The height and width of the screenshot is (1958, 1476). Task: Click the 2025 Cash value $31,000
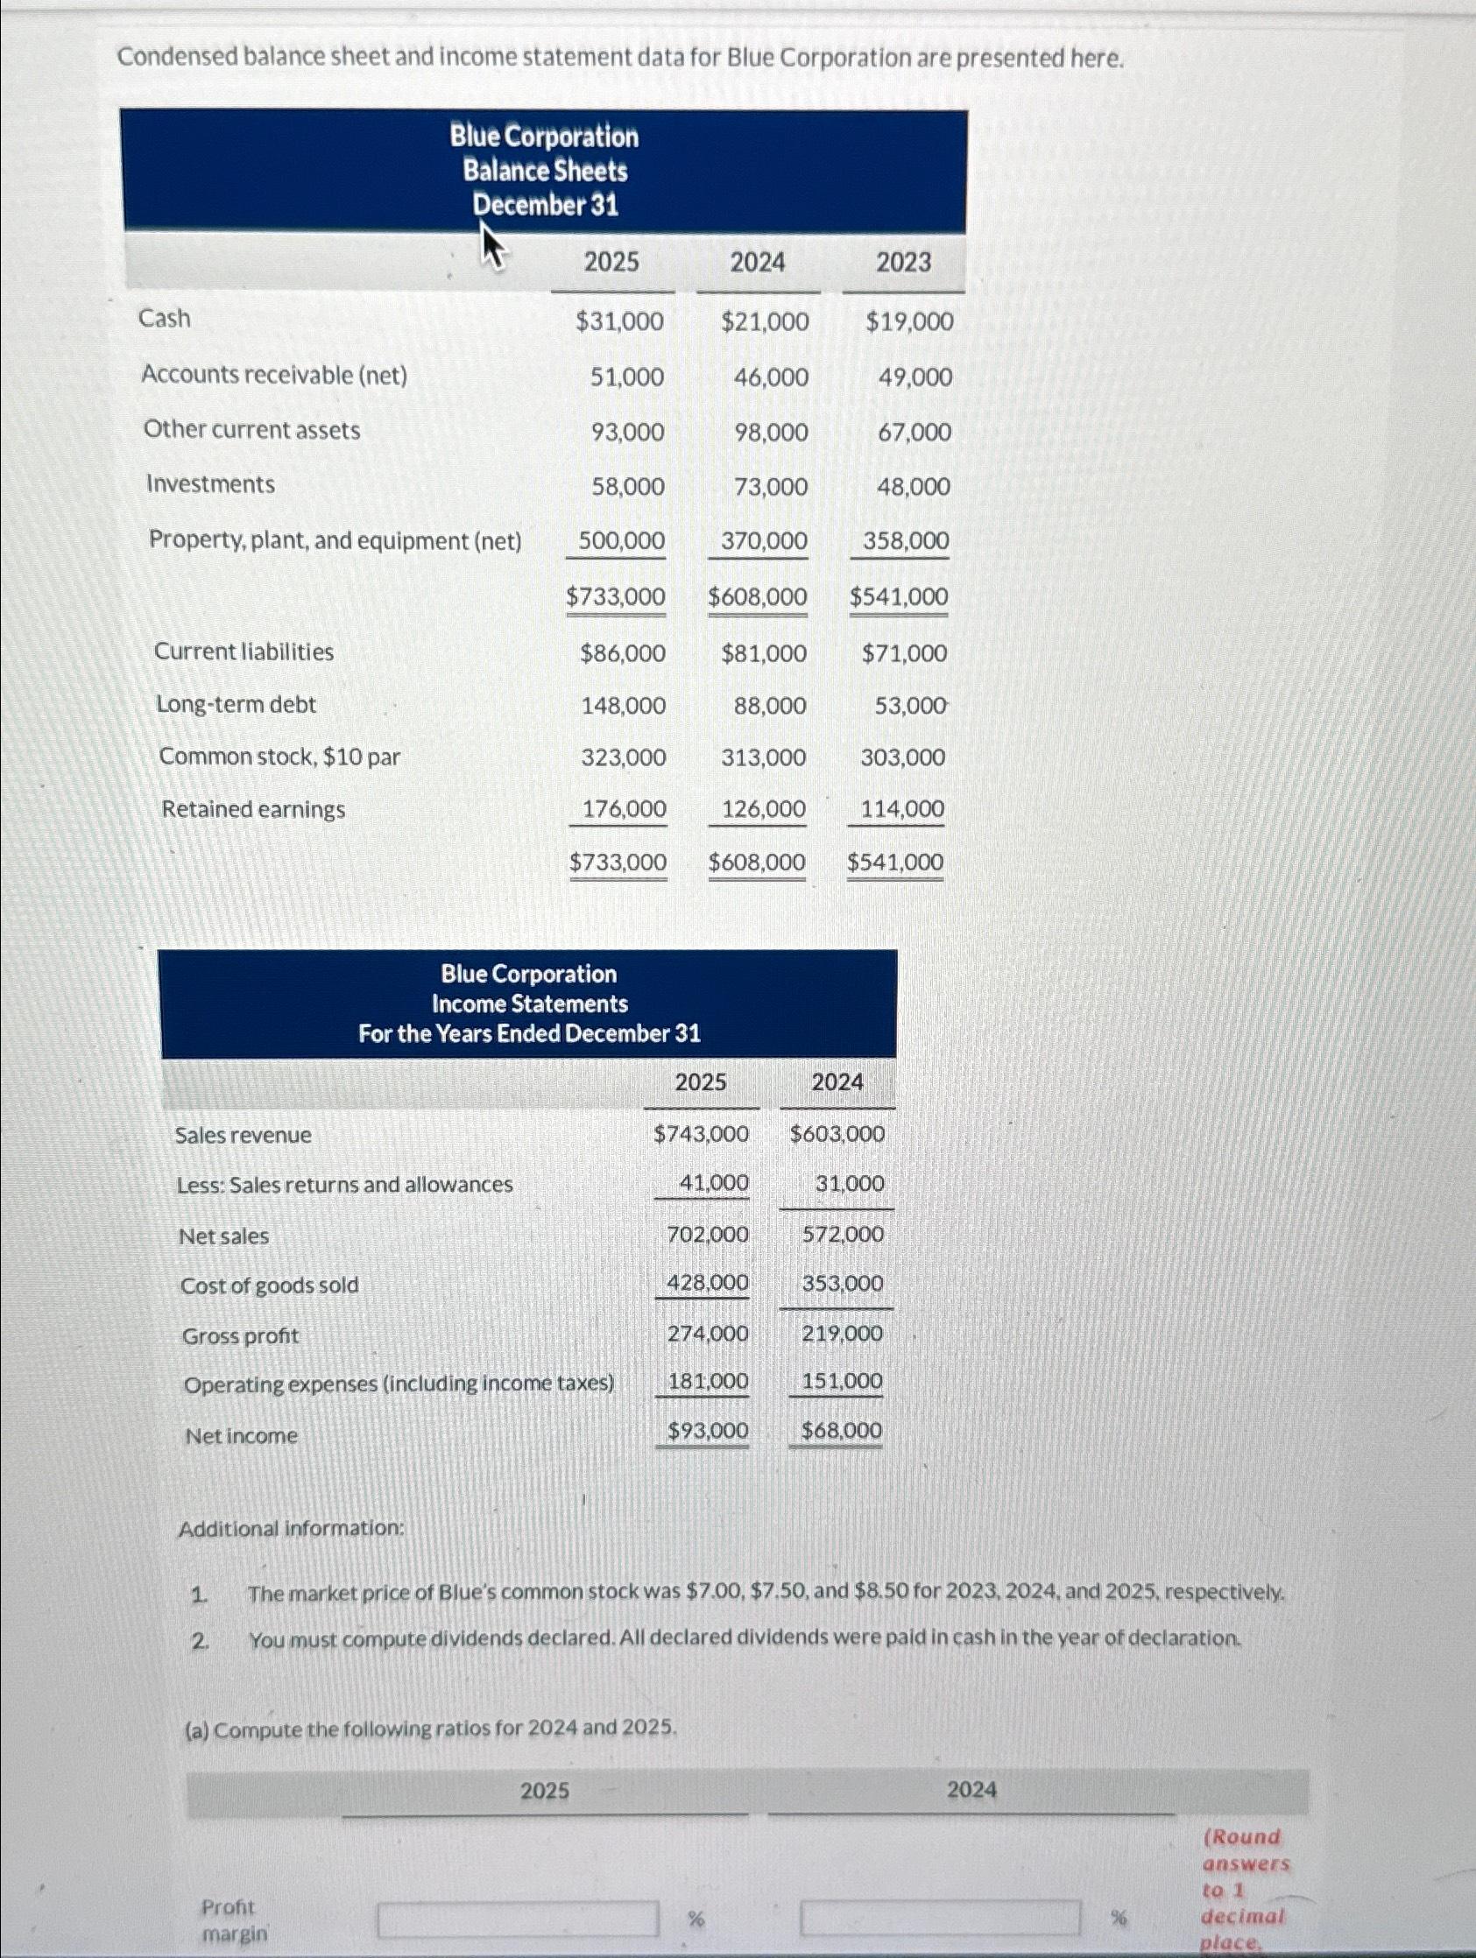pyautogui.click(x=619, y=321)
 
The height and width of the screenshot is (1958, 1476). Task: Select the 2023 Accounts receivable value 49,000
pyautogui.click(x=915, y=378)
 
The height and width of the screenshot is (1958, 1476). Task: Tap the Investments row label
pyautogui.click(x=211, y=484)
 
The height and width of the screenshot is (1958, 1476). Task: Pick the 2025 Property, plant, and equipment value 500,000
pyautogui.click(x=622, y=541)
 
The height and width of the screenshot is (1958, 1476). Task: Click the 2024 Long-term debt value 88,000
pyautogui.click(x=769, y=707)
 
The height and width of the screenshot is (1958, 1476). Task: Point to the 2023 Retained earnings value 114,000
pyautogui.click(x=902, y=809)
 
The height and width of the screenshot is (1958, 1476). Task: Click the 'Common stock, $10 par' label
pyautogui.click(x=279, y=757)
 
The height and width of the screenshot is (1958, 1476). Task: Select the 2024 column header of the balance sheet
pyautogui.click(x=757, y=262)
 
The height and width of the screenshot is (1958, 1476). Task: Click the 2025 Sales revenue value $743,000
pyautogui.click(x=701, y=1134)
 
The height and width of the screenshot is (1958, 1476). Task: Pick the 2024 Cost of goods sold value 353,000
pyautogui.click(x=842, y=1284)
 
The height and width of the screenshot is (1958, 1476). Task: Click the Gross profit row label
pyautogui.click(x=241, y=1335)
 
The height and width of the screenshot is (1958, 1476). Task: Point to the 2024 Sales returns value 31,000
pyautogui.click(x=849, y=1184)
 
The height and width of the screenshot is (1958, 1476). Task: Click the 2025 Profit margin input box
pyautogui.click(x=518, y=1919)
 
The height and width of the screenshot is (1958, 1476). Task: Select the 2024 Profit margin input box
pyautogui.click(x=940, y=1919)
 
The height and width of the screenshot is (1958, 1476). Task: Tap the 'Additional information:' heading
pyautogui.click(x=292, y=1529)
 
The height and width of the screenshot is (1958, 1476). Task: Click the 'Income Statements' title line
pyautogui.click(x=529, y=1004)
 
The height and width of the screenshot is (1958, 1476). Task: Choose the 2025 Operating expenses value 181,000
pyautogui.click(x=708, y=1381)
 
